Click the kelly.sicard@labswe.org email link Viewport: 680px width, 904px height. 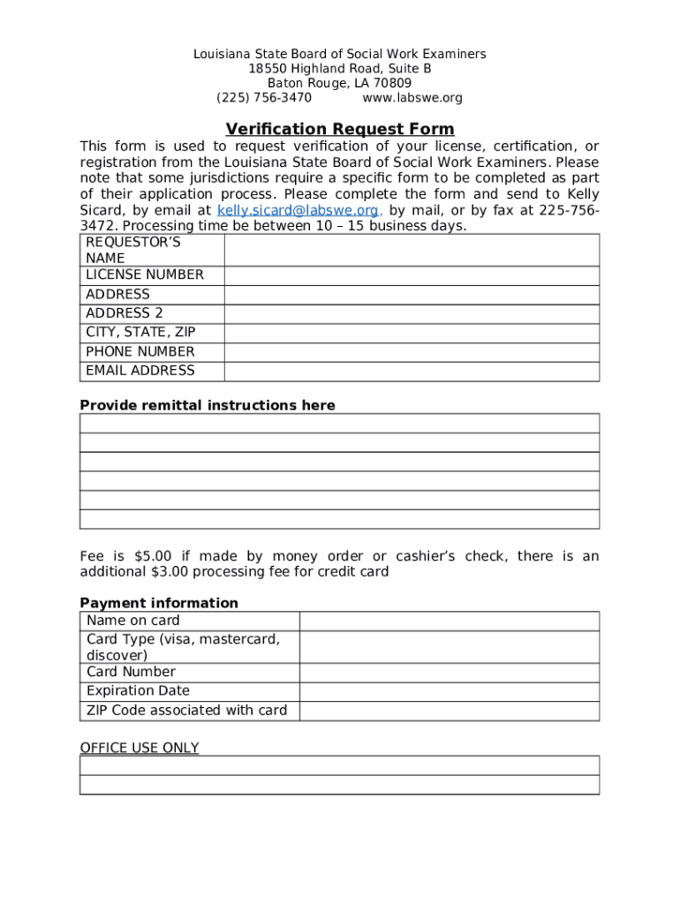[298, 210]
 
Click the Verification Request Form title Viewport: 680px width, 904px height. [339, 129]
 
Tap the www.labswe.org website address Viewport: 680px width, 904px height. [412, 98]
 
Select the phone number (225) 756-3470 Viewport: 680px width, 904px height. [264, 98]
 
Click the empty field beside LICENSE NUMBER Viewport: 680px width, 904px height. [412, 275]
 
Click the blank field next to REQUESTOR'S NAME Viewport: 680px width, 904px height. [412, 250]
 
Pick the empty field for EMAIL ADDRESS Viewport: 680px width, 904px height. [412, 372]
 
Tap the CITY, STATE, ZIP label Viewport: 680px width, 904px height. [140, 333]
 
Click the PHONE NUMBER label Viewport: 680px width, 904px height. [140, 352]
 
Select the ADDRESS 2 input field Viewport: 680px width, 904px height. [412, 313]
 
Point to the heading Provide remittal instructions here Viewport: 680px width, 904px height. [208, 405]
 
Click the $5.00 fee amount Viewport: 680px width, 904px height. [153, 556]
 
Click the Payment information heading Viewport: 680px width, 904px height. [159, 603]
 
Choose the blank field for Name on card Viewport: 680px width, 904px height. [450, 621]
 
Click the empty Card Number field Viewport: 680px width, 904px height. [450, 673]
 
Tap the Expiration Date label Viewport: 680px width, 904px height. [138, 691]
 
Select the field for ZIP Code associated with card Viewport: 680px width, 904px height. [450, 711]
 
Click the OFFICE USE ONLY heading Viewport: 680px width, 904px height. [140, 748]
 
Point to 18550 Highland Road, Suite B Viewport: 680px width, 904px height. [339, 69]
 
